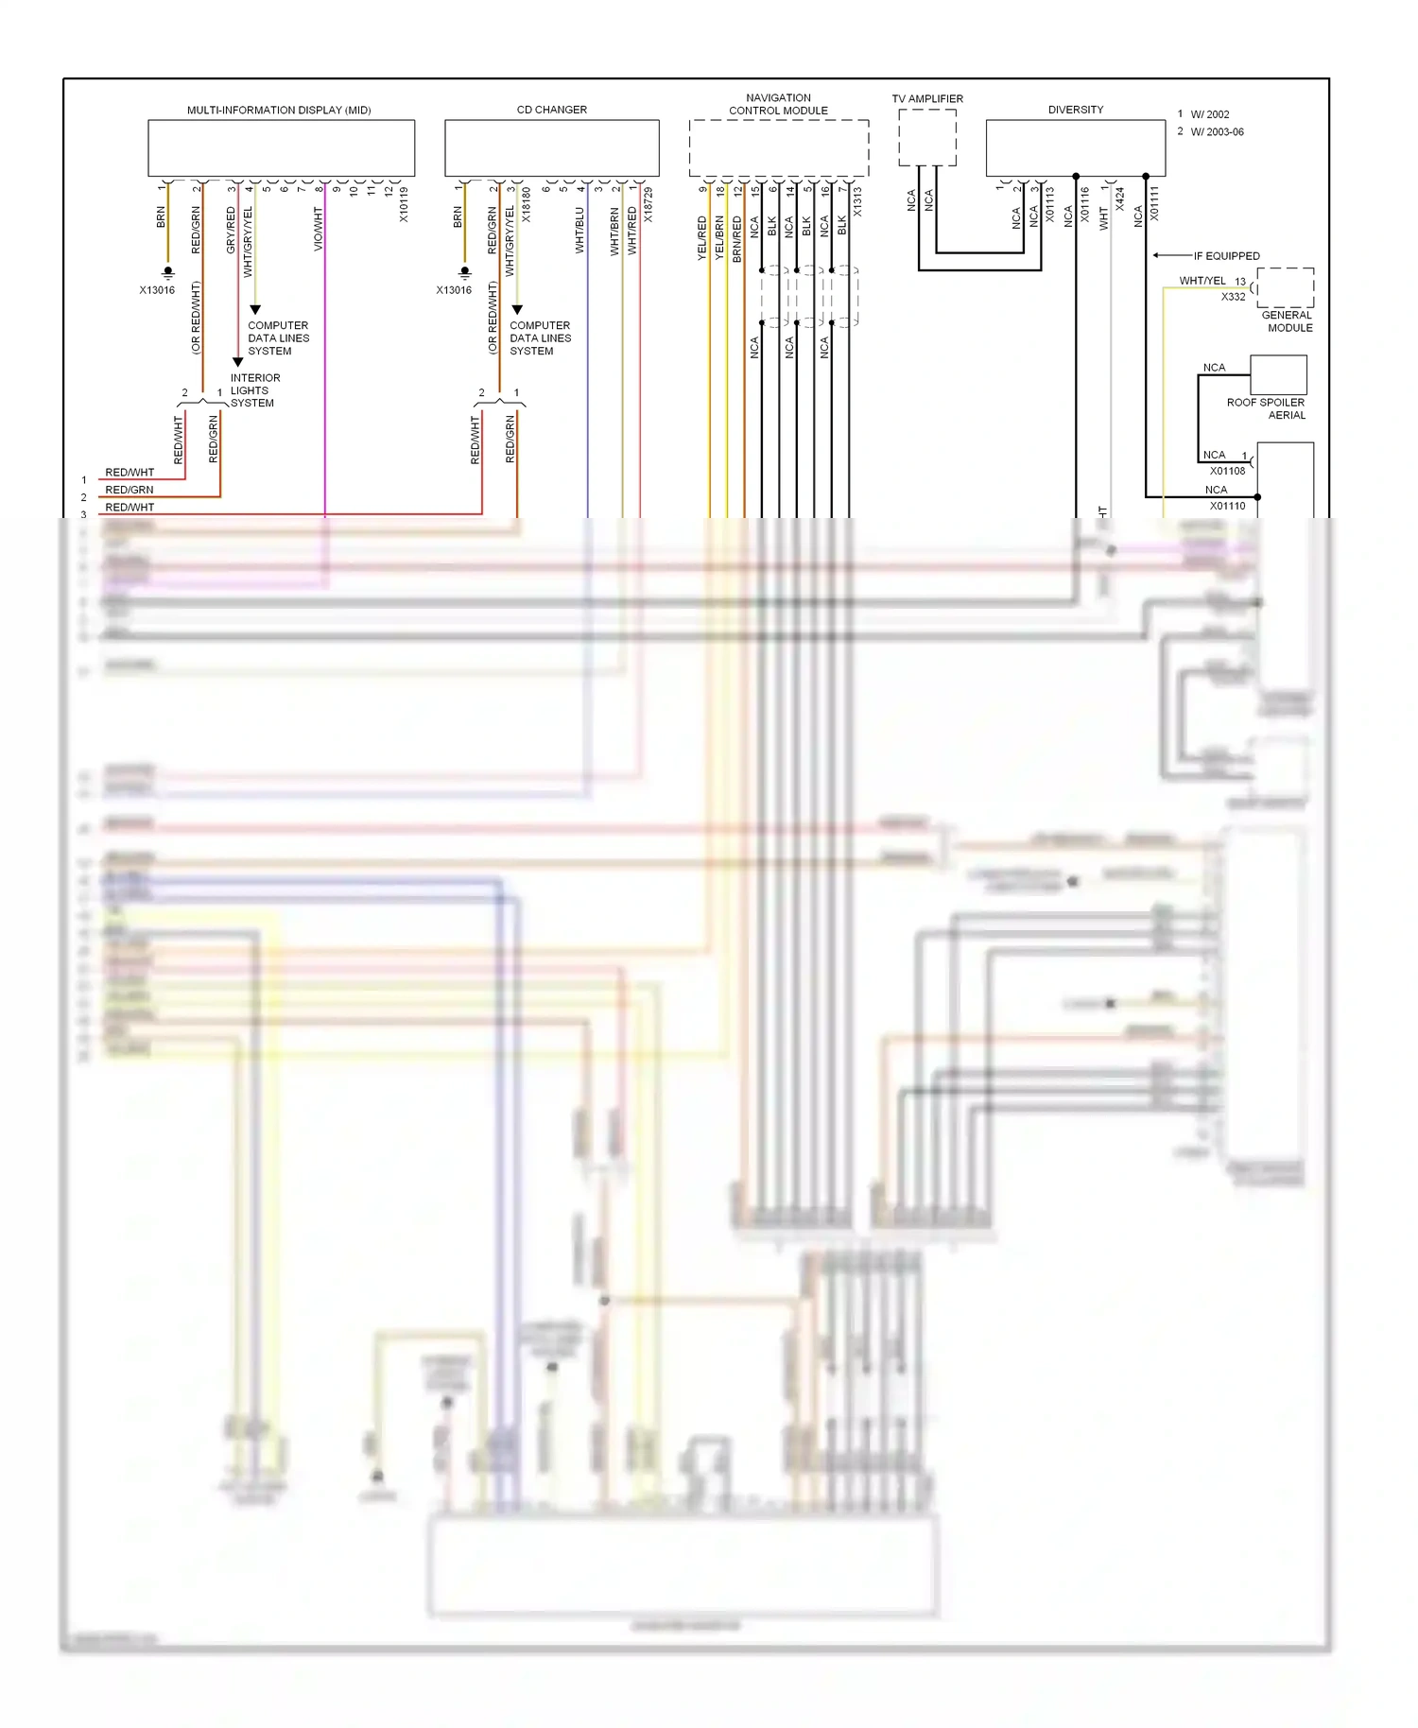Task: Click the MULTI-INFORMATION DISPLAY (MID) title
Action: [279, 110]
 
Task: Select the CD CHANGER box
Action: [551, 147]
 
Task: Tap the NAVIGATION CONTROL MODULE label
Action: [778, 104]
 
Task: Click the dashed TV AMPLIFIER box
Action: [926, 137]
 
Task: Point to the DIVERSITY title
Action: [1075, 110]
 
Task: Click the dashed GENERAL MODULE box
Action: [1285, 287]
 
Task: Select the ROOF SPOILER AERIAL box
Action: [1278, 374]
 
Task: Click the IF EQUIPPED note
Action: [1226, 256]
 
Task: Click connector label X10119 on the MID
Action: [404, 204]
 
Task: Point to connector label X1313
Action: [857, 201]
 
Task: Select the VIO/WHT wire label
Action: [319, 230]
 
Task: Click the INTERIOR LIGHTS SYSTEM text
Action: [255, 390]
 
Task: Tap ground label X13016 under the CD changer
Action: [454, 290]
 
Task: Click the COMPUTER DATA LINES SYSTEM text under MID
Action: [278, 338]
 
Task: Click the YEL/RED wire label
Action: [702, 238]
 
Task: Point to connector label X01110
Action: [1227, 506]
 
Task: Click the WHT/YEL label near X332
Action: [1202, 281]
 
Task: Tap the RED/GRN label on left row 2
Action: [130, 490]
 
